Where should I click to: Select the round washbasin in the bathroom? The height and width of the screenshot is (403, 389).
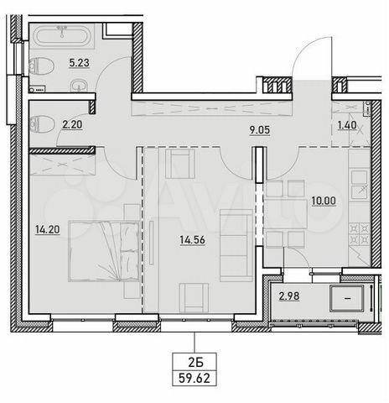[x=77, y=84]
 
